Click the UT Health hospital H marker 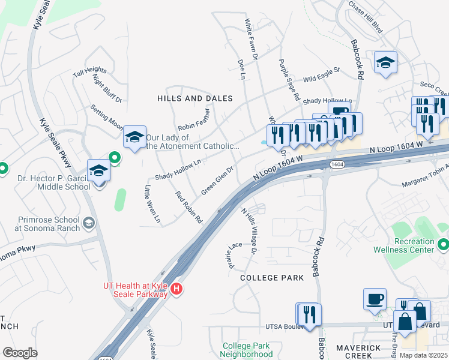tap(176, 289)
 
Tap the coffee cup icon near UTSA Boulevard tap(375, 298)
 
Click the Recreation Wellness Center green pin tap(444, 244)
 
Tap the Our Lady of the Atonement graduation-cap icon tap(135, 137)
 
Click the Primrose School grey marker tap(89, 224)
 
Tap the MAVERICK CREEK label tap(358, 352)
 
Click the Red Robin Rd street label tap(188, 207)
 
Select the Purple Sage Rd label tap(288, 79)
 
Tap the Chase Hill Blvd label tap(366, 20)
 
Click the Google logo tap(20, 352)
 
